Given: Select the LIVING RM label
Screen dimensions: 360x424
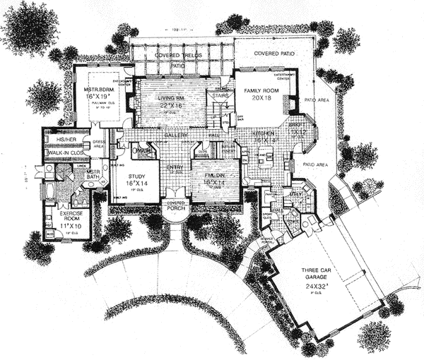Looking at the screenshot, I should (x=163, y=97).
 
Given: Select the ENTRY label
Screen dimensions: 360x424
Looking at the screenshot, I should (x=175, y=167).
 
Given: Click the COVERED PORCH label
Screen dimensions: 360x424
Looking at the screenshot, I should (x=174, y=204).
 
